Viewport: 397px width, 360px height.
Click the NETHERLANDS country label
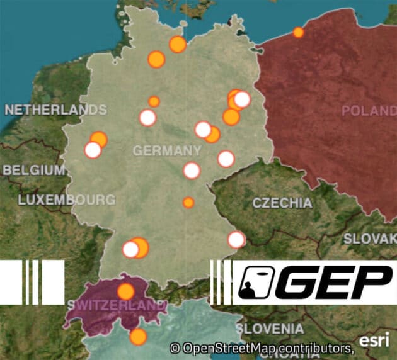[x=55, y=110]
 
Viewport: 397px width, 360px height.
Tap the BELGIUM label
[x=33, y=170]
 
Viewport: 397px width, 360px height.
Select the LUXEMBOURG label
[x=67, y=200]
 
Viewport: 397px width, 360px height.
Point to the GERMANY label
[x=167, y=151]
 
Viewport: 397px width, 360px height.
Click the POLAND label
[x=369, y=111]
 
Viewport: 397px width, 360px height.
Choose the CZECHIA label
[x=282, y=203]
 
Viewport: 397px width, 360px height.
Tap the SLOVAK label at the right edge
[x=370, y=239]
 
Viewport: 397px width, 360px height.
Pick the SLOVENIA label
[x=270, y=329]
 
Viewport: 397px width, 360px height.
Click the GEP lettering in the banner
[x=334, y=283]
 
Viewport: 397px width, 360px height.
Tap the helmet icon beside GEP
[x=255, y=283]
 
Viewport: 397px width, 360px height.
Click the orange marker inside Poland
[x=298, y=32]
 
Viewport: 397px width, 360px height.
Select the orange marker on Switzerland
[x=126, y=291]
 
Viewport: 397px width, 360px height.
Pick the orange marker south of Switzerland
[x=138, y=337]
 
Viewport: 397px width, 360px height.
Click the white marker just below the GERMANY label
[x=192, y=171]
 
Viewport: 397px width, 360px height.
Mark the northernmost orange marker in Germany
[x=178, y=45]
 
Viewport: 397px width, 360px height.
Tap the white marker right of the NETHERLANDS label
[x=147, y=118]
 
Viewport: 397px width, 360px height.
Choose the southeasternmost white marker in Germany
[x=236, y=240]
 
